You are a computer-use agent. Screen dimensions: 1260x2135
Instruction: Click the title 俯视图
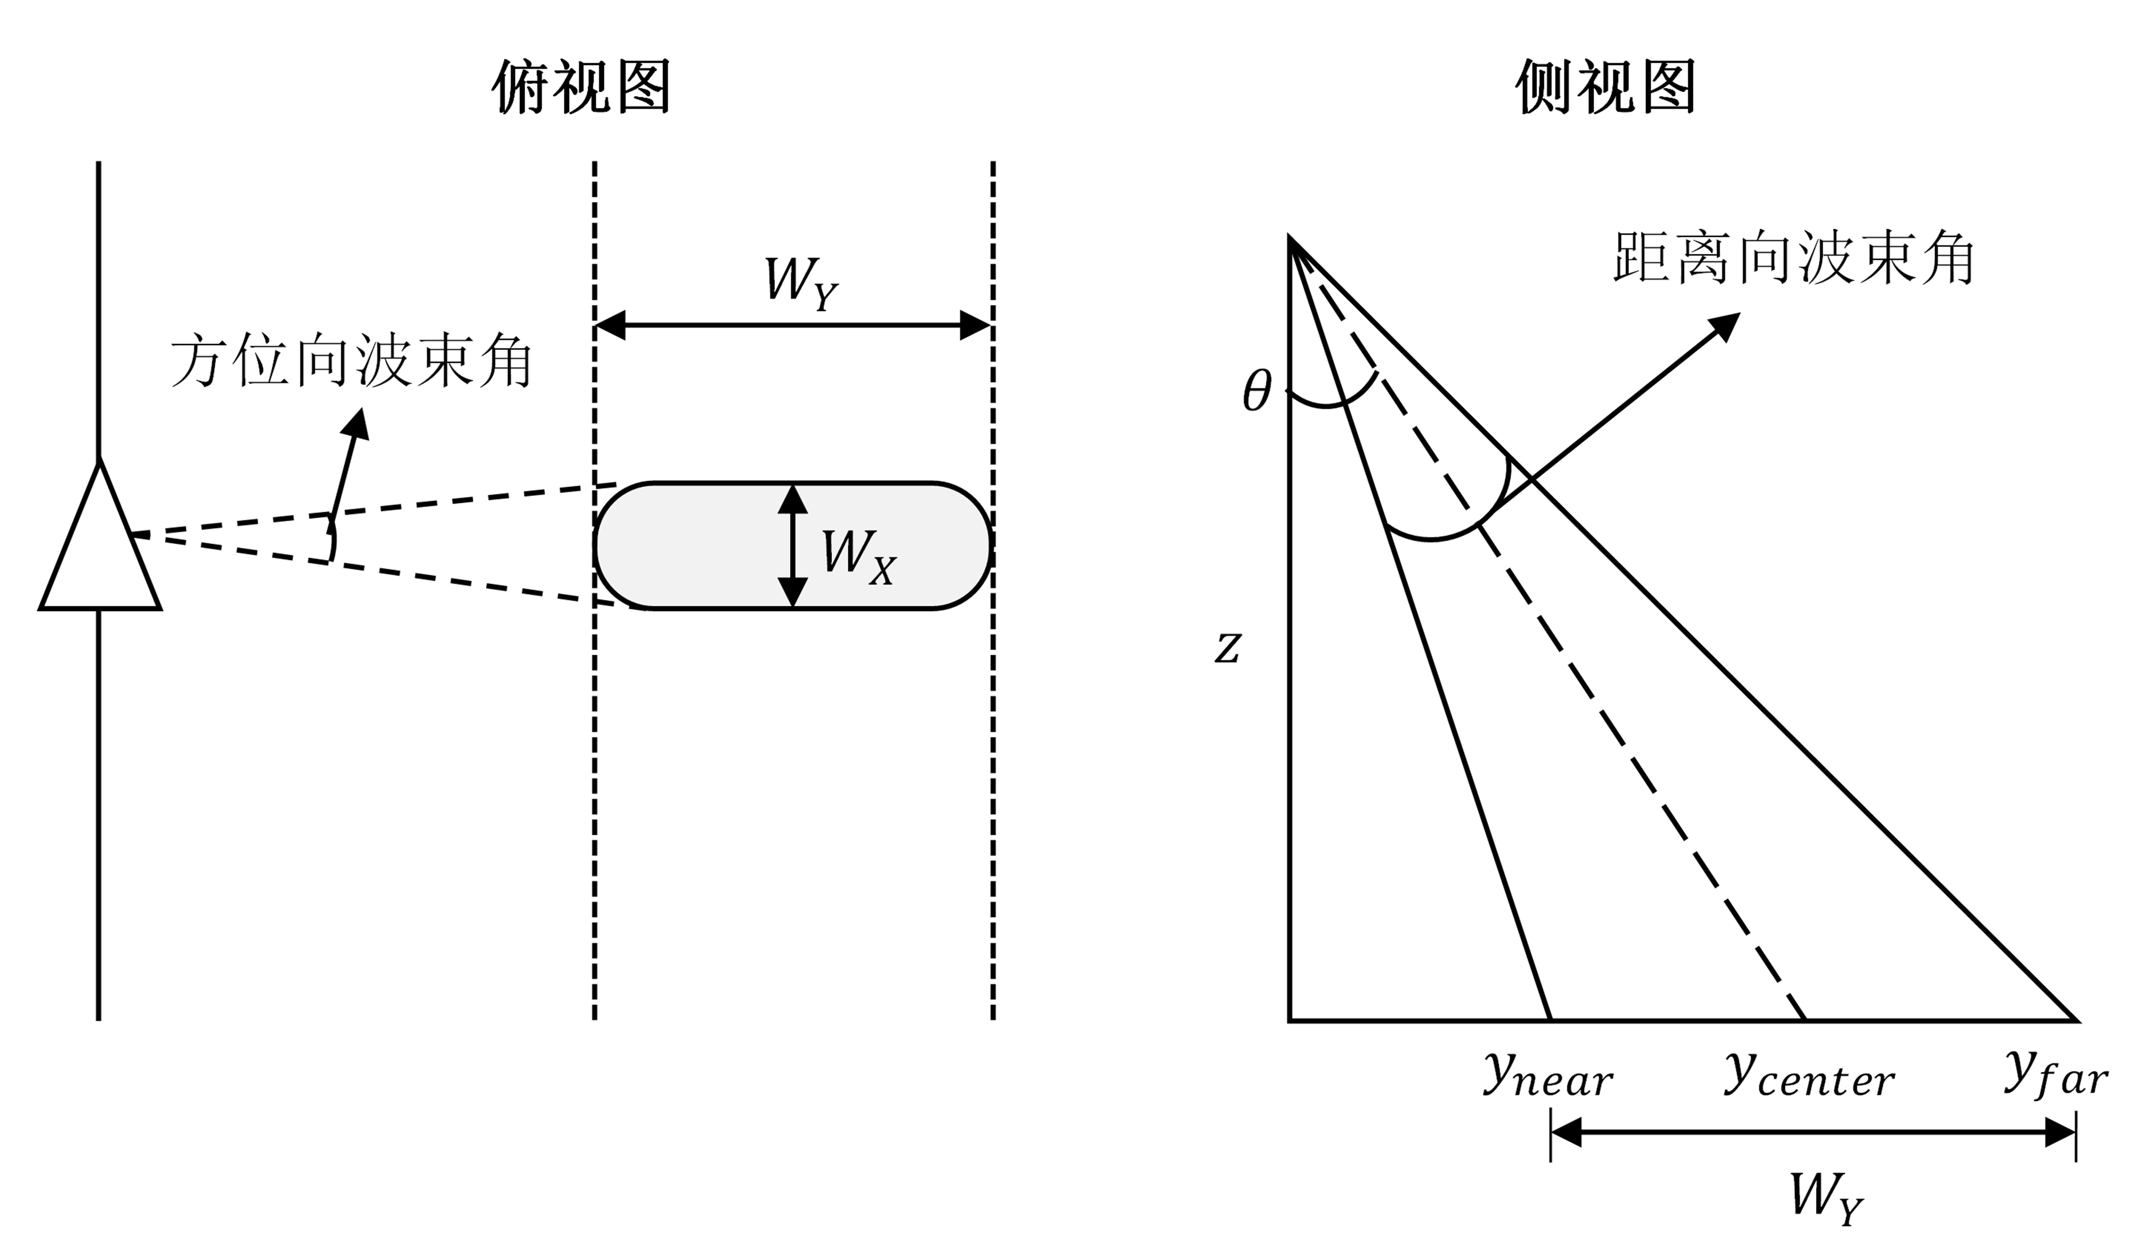(582, 88)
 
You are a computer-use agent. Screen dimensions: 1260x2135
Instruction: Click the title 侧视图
(1605, 88)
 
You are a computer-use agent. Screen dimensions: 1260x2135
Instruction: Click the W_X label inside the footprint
(858, 556)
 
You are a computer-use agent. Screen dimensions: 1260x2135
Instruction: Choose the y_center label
(1809, 1077)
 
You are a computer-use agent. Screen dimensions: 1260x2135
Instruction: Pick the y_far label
(2055, 1077)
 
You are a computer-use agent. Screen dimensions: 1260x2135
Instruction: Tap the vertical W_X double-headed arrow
(792, 545)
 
